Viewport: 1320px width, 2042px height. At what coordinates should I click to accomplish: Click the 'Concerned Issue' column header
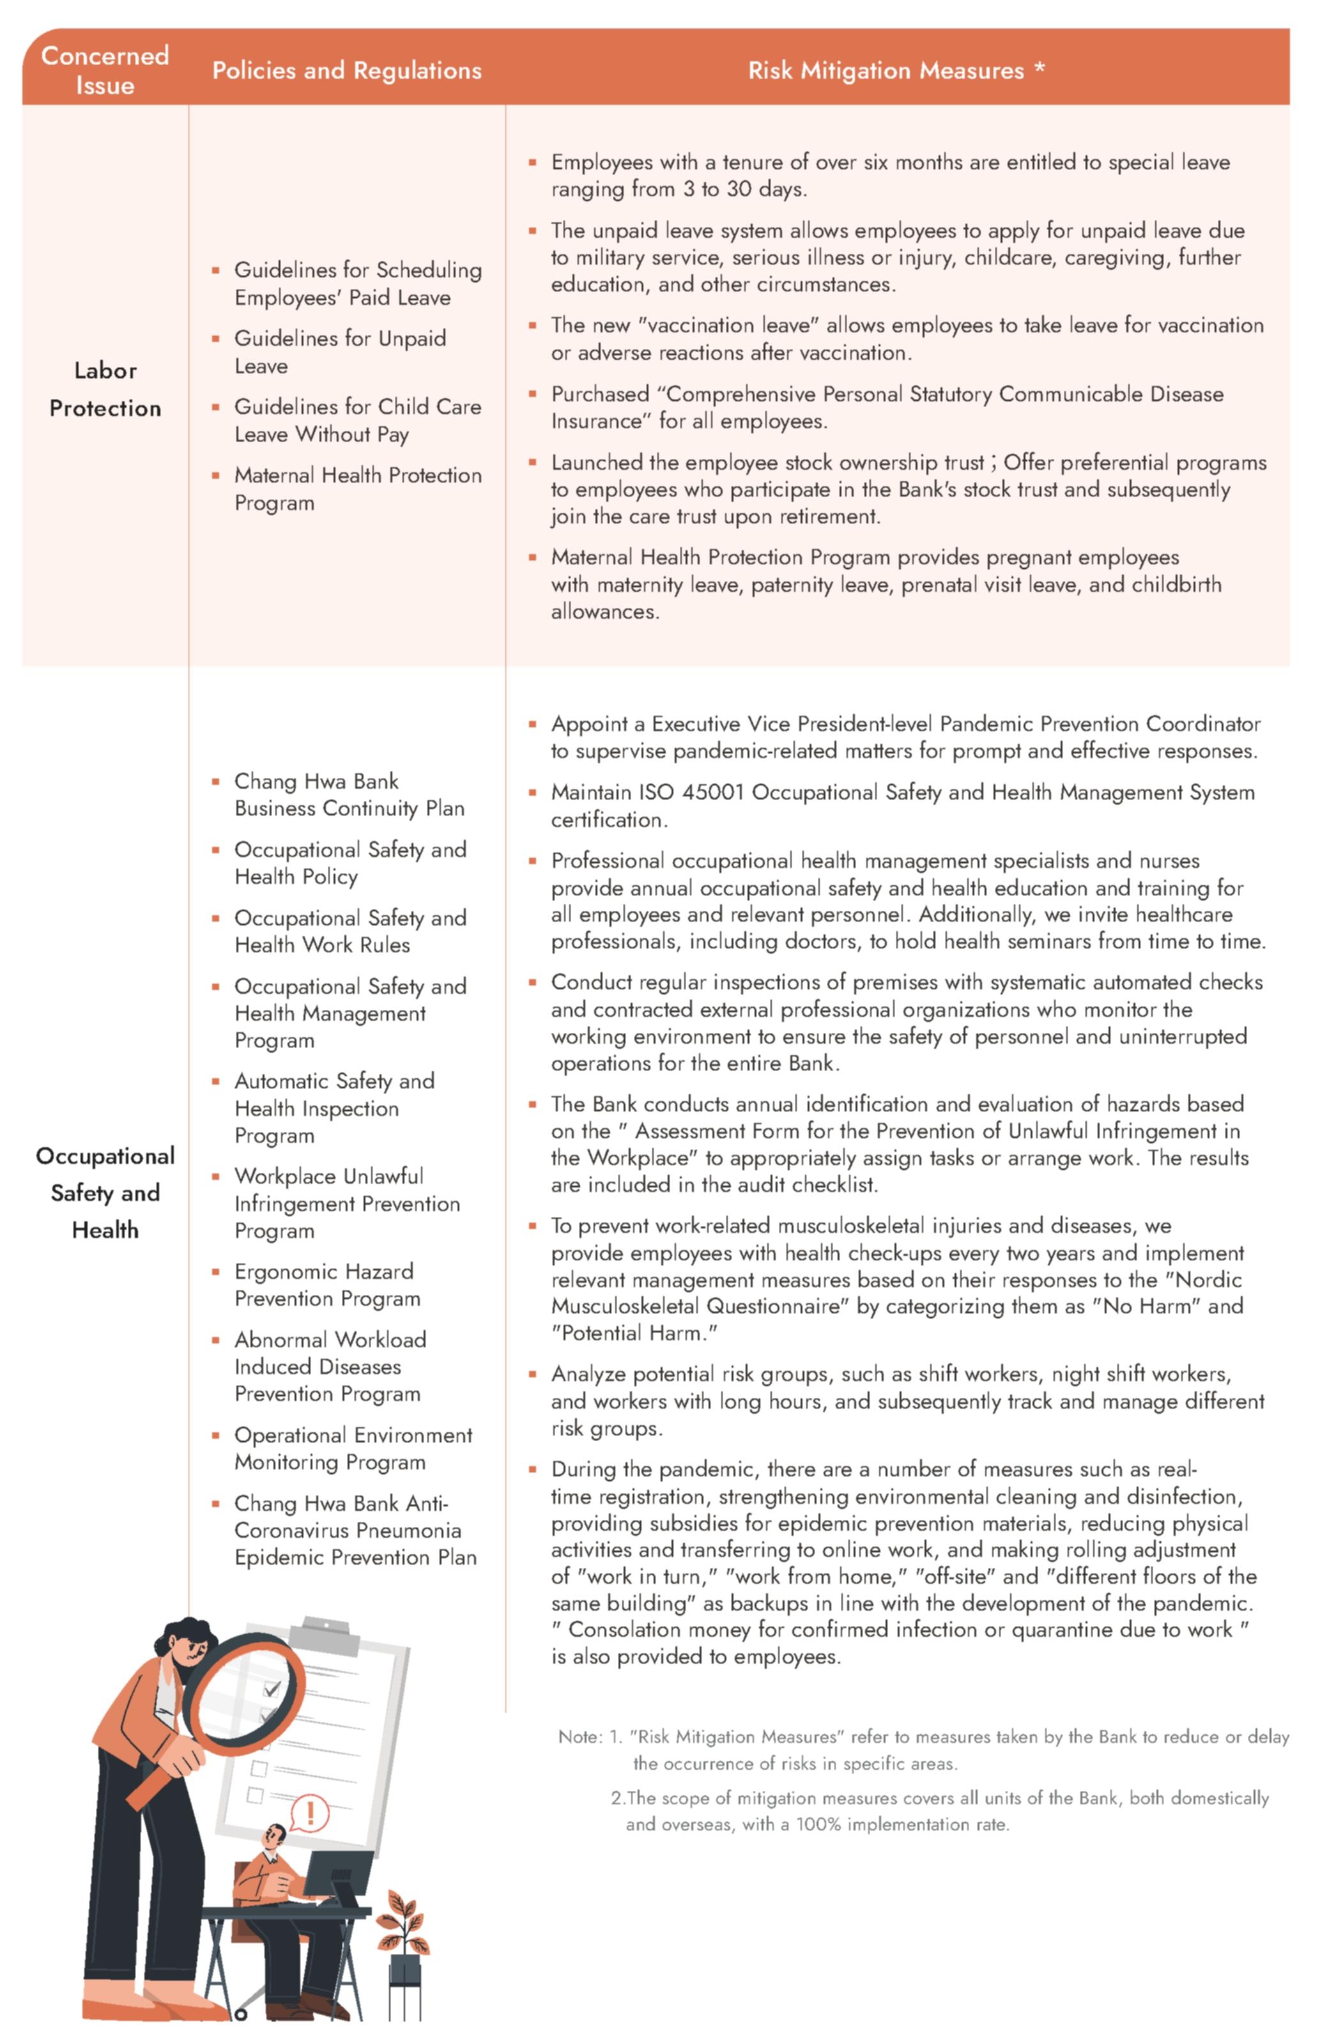point(105,70)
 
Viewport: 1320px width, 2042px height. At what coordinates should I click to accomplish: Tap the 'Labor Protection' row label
point(105,389)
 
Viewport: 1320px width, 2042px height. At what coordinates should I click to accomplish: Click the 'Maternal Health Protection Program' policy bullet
point(357,489)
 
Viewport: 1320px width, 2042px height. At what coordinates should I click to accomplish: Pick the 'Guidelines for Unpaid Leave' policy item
point(339,352)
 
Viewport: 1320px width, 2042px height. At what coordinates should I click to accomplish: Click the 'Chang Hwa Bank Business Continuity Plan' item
point(348,794)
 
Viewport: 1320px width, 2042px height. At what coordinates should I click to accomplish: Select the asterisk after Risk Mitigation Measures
point(1039,68)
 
